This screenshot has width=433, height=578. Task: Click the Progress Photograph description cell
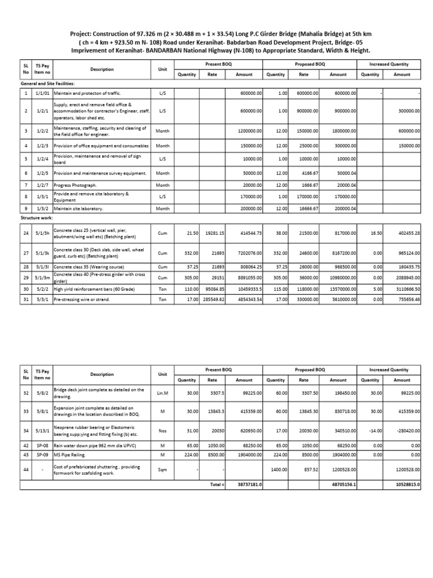click(75, 185)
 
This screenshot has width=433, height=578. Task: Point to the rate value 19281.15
click(214, 232)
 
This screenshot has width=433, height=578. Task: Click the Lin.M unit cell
click(162, 393)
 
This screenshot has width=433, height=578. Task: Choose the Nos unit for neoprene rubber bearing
click(162, 431)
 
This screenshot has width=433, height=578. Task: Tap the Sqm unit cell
click(162, 469)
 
